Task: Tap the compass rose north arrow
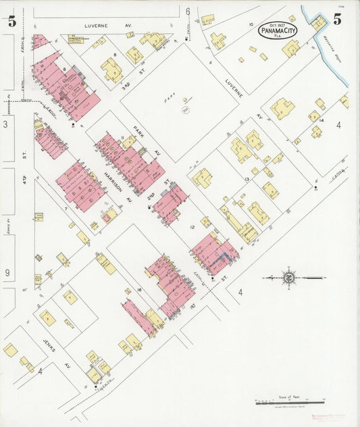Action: pos(288,277)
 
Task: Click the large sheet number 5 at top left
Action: pos(11,20)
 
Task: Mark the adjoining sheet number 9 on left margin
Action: pos(7,274)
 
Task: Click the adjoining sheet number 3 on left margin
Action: pos(6,124)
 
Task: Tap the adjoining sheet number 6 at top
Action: pos(187,10)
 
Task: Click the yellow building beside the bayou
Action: pos(319,22)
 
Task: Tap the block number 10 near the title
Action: pos(251,24)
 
